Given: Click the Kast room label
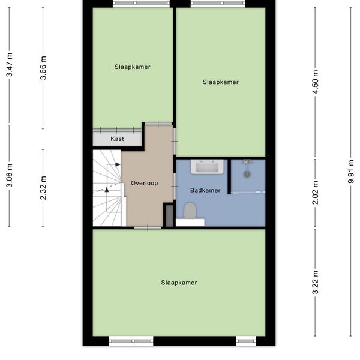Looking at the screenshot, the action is (117, 139).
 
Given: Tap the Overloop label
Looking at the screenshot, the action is (145, 183).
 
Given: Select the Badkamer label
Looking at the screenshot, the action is (205, 190).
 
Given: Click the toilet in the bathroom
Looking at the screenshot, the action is (190, 211).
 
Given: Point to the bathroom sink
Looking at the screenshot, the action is (207, 167).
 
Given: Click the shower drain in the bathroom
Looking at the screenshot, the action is (247, 174).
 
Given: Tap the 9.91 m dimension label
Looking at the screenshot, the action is (351, 172).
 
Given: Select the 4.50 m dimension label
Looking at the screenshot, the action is (316, 82).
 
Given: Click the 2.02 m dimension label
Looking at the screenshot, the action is (316, 193).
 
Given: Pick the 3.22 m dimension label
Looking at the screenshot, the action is (316, 282).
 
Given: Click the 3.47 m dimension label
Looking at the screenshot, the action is (10, 65).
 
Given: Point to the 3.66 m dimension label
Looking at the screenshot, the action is (43, 68).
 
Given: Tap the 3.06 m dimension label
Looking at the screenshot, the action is (10, 176).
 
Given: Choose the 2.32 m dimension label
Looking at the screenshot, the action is (43, 188).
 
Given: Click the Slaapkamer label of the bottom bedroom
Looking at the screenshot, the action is (179, 283).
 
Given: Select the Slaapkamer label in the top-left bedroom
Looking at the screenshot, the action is (133, 67).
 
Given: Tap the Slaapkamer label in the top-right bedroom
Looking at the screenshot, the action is (221, 82).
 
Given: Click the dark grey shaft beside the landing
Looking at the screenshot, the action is (170, 216).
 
